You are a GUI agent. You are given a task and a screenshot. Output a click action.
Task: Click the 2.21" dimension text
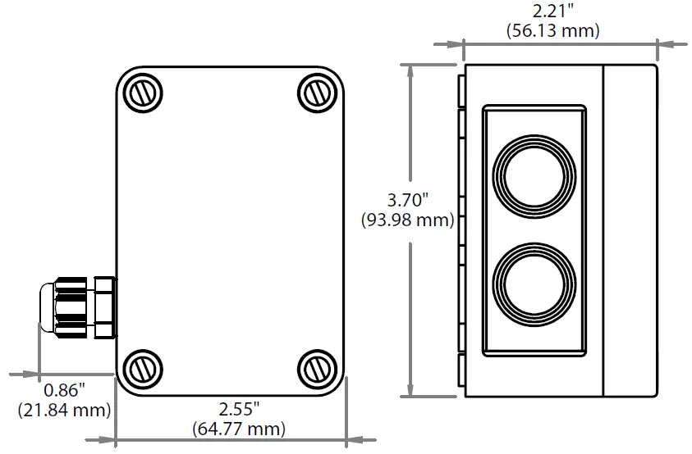coord(552,11)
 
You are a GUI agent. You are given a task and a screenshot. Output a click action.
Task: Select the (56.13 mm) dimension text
coord(552,31)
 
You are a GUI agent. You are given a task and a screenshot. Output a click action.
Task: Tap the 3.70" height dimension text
coord(408,199)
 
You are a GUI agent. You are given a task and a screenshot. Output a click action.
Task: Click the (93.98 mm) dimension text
coord(408,220)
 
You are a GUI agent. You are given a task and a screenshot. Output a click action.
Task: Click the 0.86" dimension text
coord(64,389)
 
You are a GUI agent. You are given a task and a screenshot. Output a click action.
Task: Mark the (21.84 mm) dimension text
coord(64,409)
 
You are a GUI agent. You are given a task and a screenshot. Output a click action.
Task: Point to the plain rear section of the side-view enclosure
coord(630,230)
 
